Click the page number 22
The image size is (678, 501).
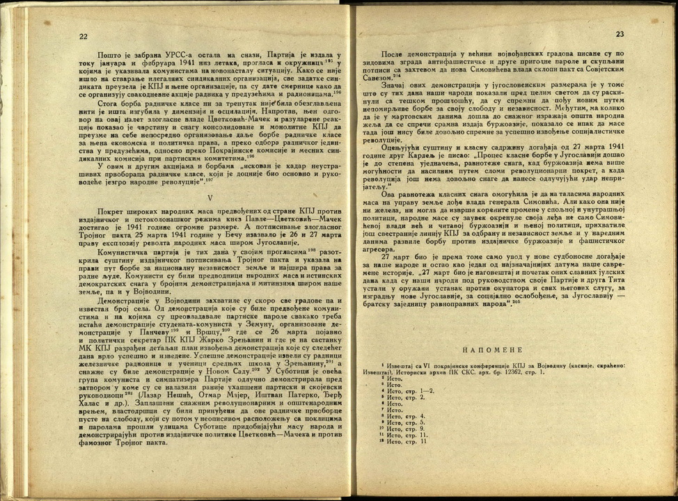(x=83, y=37)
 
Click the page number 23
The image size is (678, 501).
(x=620, y=34)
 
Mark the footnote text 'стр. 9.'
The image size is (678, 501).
(x=414, y=428)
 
